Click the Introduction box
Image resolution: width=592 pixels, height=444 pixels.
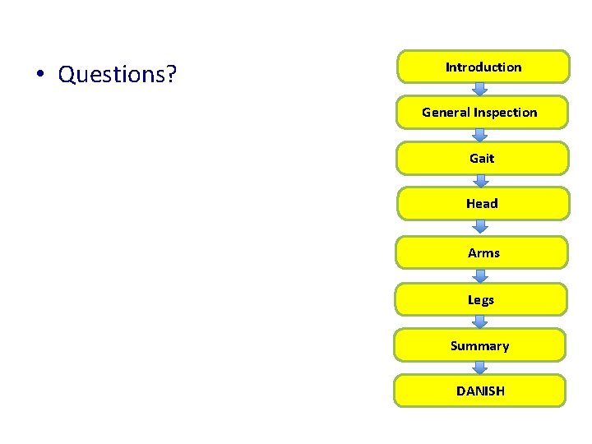click(x=483, y=67)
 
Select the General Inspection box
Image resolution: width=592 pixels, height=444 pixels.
click(x=480, y=113)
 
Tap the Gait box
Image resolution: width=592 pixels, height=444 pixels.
click(x=482, y=158)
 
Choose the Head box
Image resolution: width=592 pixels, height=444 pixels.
click(x=482, y=203)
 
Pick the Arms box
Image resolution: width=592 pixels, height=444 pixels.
click(x=483, y=253)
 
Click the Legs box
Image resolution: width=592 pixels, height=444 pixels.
click(x=481, y=300)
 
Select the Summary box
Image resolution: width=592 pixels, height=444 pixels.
click(x=480, y=346)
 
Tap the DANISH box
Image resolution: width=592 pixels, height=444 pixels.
click(x=480, y=391)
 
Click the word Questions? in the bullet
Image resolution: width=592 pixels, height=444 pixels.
click(x=118, y=75)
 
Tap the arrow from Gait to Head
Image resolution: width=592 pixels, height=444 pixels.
click(x=482, y=180)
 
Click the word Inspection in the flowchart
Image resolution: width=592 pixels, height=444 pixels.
click(x=505, y=113)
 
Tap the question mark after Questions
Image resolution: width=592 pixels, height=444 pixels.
click(x=171, y=75)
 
